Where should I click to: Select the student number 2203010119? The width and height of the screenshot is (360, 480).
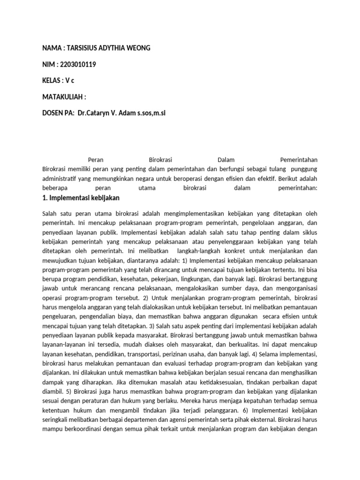[x=78, y=65]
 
